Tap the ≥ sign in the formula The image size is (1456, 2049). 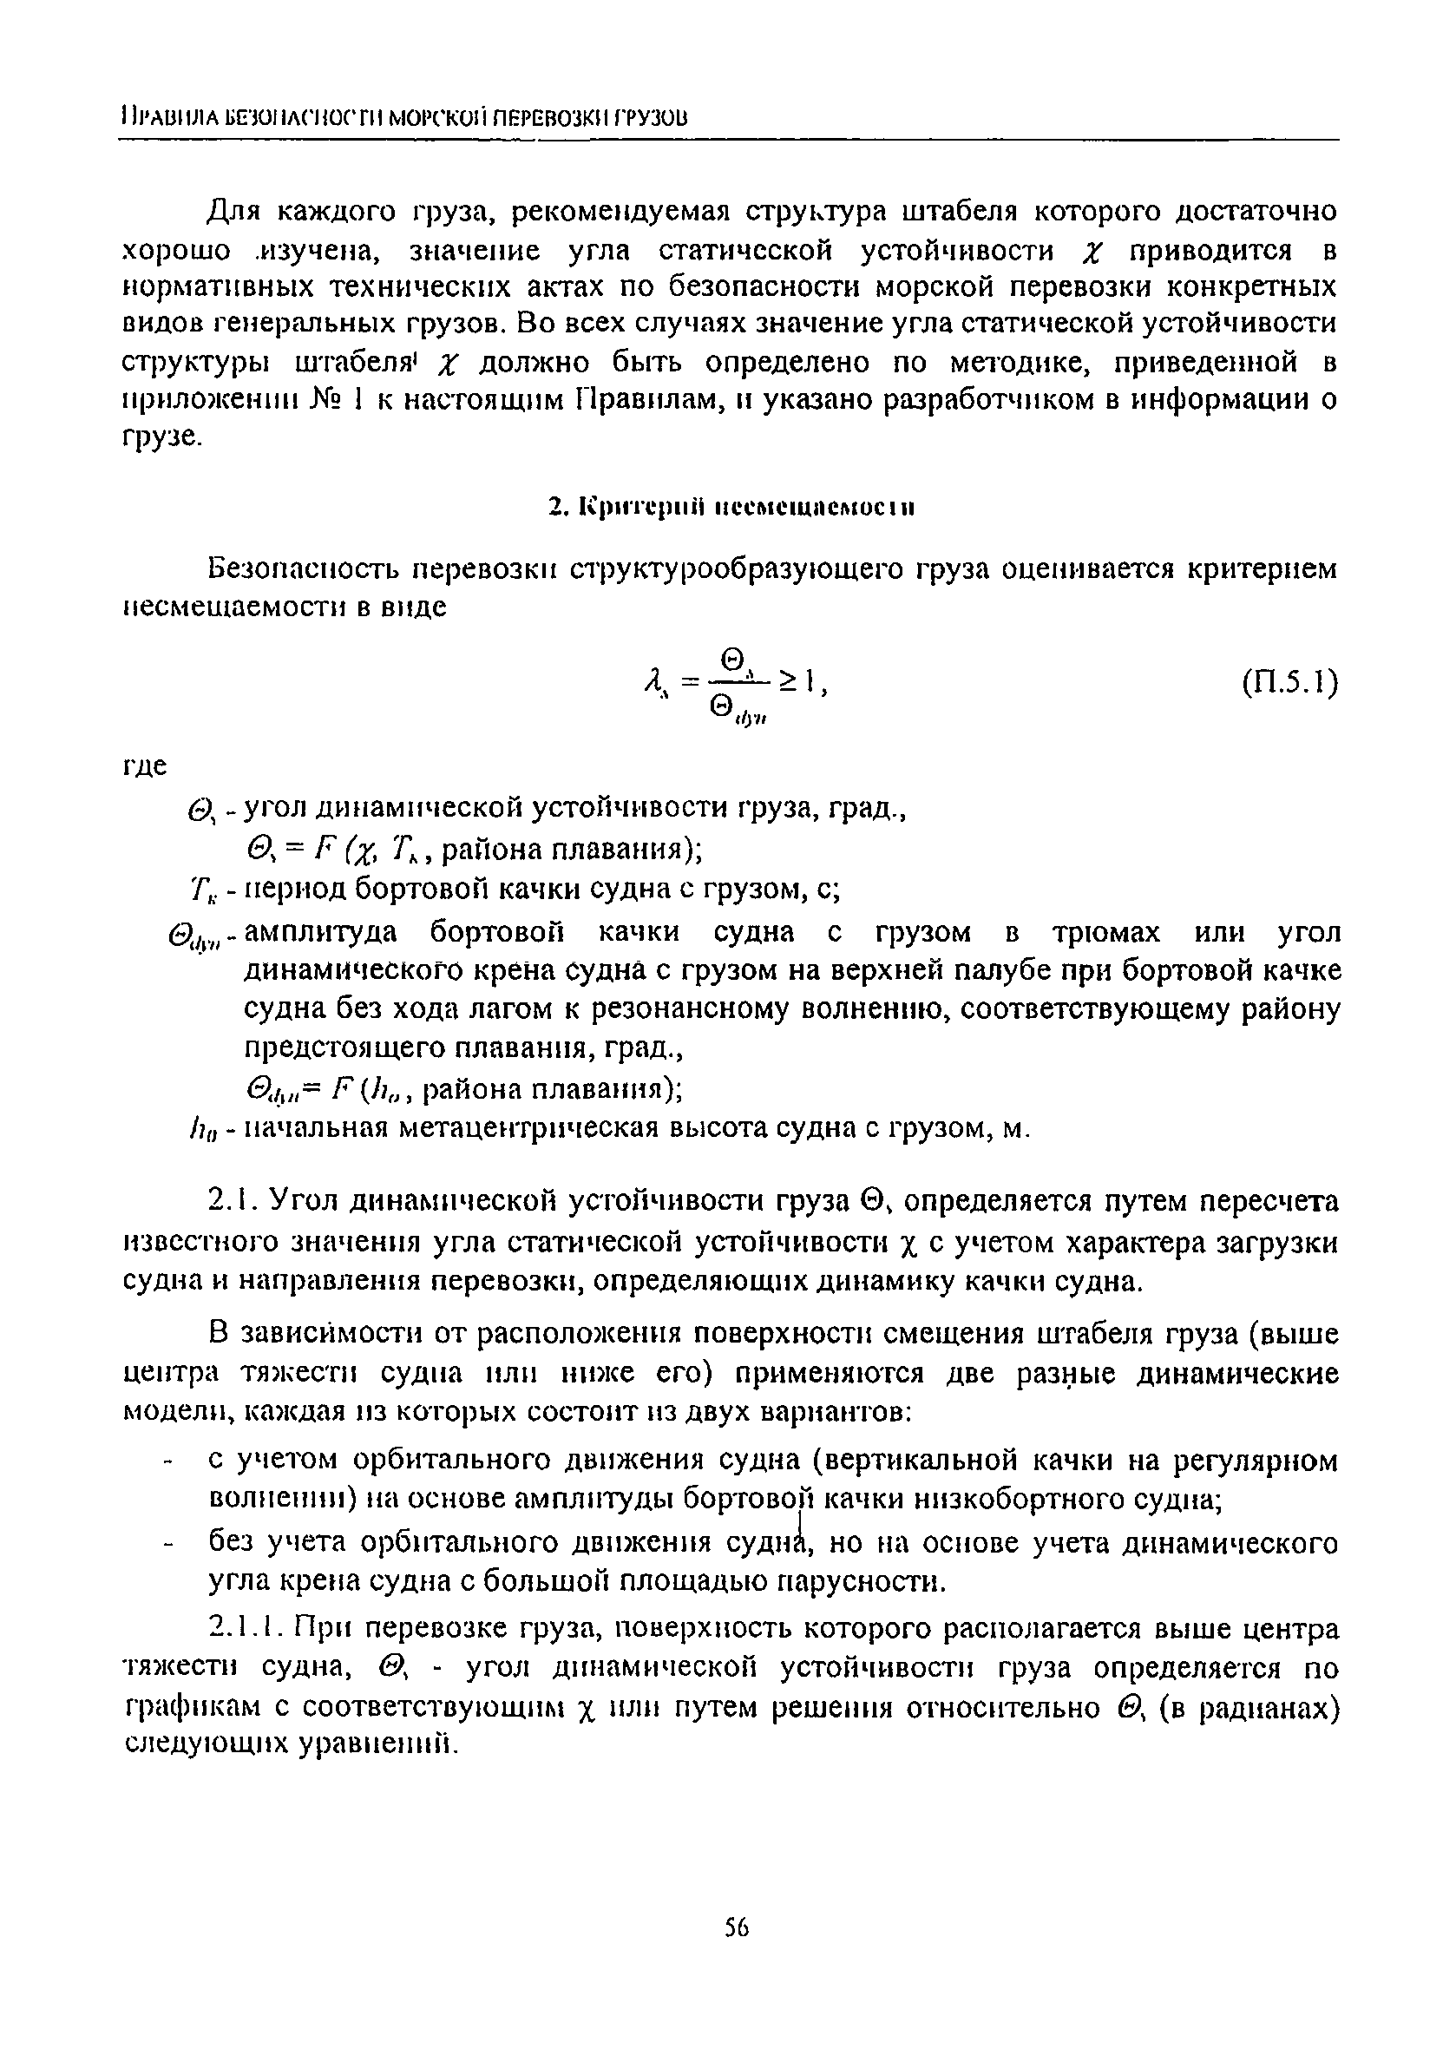click(787, 682)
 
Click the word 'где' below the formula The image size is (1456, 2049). click(144, 766)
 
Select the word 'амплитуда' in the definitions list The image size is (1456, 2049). click(320, 934)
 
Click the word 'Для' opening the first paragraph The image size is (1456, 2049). click(233, 212)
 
